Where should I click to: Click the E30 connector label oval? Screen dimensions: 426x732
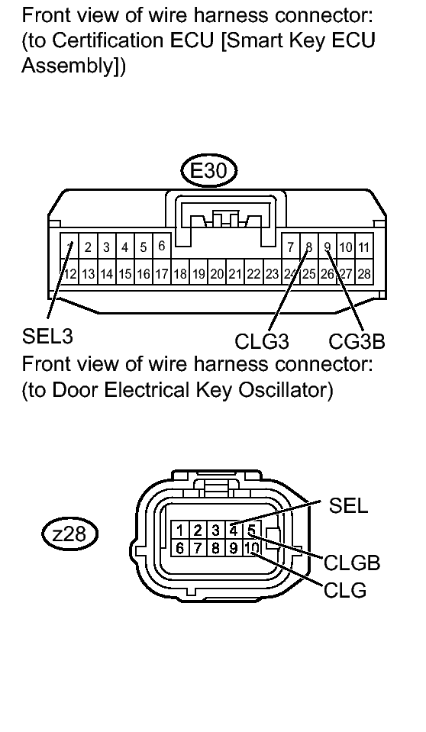click(208, 170)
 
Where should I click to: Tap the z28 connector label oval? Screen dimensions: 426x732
click(69, 534)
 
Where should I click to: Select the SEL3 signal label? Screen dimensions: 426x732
click(47, 336)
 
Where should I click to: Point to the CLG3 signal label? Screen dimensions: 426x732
click(262, 341)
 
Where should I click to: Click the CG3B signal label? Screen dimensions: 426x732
click(357, 340)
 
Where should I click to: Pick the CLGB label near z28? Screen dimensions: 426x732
click(352, 563)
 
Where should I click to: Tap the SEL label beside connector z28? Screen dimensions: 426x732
click(348, 505)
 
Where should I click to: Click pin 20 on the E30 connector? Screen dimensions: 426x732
click(217, 274)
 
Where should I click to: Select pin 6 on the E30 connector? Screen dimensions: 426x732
click(162, 246)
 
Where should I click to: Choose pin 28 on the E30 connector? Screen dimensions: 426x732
click(364, 274)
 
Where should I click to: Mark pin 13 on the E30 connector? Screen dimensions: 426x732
click(88, 274)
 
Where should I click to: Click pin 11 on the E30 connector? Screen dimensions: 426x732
click(364, 247)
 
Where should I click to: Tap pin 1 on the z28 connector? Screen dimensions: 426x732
click(180, 530)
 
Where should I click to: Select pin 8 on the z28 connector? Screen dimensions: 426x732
click(215, 547)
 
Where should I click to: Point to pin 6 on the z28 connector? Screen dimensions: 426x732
click(180, 547)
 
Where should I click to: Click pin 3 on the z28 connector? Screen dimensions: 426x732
click(215, 530)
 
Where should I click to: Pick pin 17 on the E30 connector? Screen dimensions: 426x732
click(162, 274)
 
